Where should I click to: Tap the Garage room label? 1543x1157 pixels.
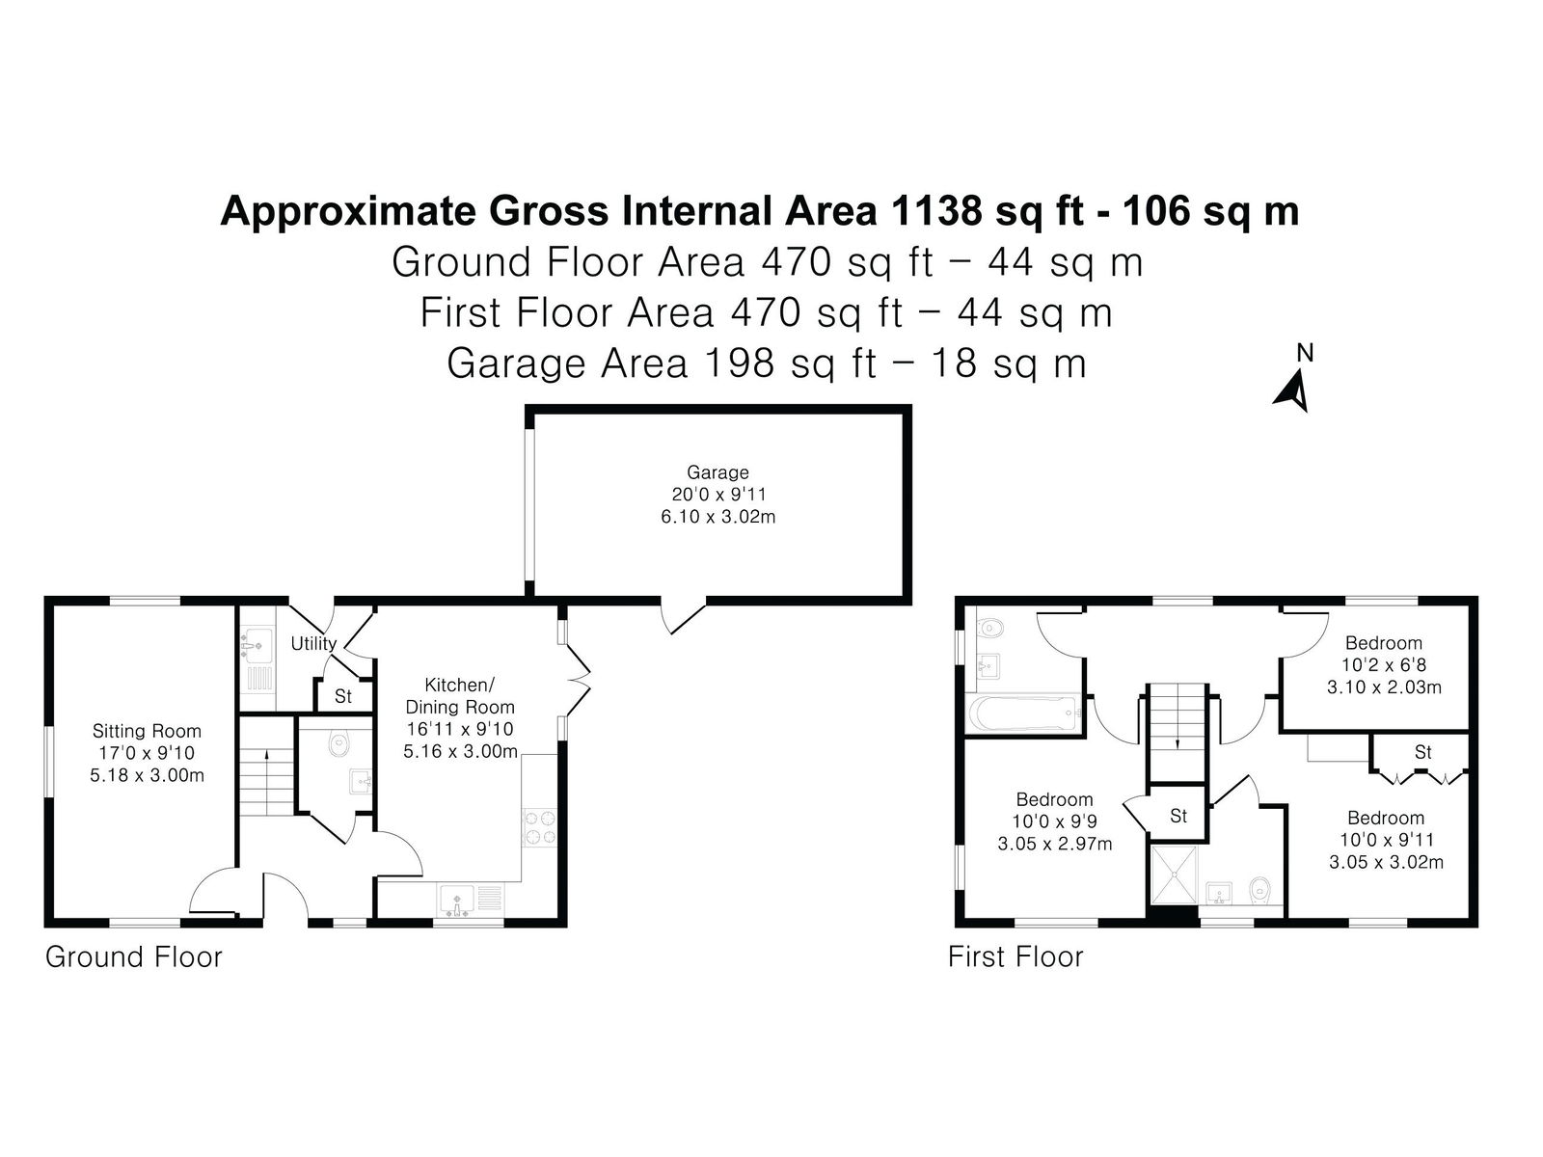pyautogui.click(x=717, y=472)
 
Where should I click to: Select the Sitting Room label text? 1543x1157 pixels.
pyautogui.click(x=147, y=731)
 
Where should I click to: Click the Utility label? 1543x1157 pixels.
pyautogui.click(x=313, y=643)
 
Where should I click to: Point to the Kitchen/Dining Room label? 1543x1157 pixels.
pyautogui.click(x=460, y=695)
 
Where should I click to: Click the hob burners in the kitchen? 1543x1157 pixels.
pyautogui.click(x=539, y=827)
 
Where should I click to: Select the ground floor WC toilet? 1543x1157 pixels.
pyautogui.click(x=338, y=743)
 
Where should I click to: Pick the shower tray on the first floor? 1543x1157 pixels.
pyautogui.click(x=1174, y=874)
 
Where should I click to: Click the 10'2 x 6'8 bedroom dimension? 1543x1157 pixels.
pyautogui.click(x=1384, y=664)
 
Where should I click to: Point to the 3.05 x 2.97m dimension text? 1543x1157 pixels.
pyautogui.click(x=1054, y=844)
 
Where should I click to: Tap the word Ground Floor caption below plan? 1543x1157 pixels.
pyautogui.click(x=133, y=957)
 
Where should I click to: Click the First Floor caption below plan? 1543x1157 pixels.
pyautogui.click(x=1015, y=956)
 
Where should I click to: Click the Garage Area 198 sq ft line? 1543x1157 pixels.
pyautogui.click(x=767, y=363)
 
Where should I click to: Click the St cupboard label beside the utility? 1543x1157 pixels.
pyautogui.click(x=343, y=695)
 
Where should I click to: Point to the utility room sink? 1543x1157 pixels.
pyautogui.click(x=256, y=642)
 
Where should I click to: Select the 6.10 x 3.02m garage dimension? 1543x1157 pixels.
pyautogui.click(x=717, y=517)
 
